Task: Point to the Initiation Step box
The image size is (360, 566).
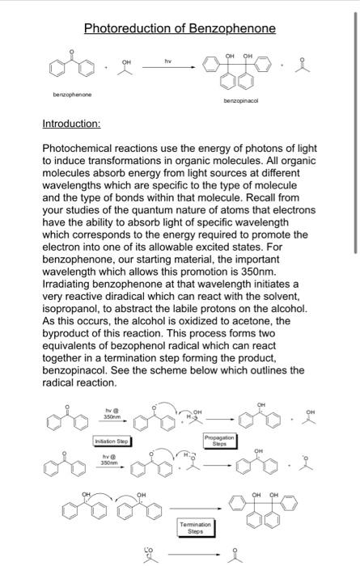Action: (112, 441)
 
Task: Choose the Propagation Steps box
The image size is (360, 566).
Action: (219, 441)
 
